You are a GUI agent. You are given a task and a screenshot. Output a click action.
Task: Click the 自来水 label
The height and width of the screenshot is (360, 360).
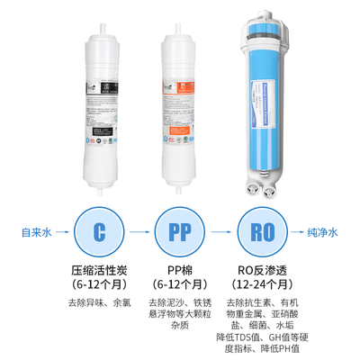pos(36,232)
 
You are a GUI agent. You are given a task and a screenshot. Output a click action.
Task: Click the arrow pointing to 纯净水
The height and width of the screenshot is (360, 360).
pos(290,231)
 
